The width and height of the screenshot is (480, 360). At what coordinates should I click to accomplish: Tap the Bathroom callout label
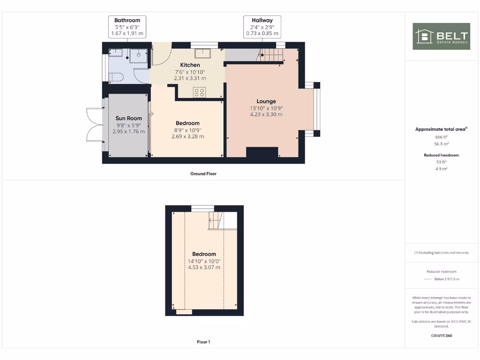pos(127,27)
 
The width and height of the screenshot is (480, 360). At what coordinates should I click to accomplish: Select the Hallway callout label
pos(262,27)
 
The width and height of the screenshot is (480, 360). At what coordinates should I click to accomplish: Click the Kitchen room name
pos(190,65)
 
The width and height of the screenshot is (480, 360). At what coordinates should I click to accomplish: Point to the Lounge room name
pos(266,101)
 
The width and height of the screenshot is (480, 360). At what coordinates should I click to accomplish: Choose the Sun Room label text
pos(128,119)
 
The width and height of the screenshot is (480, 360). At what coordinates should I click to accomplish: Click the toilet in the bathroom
pos(115,77)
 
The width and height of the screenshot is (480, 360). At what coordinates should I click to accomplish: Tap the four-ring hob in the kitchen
pos(199,92)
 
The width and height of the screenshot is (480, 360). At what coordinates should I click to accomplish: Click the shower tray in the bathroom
pos(139,54)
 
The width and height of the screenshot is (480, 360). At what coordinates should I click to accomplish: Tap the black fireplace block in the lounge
pos(262,152)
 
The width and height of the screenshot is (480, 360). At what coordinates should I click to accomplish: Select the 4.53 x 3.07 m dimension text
pos(204,267)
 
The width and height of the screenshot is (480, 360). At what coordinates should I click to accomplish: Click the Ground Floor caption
pos(203,173)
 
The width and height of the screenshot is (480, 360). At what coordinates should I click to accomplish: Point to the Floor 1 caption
pos(203,342)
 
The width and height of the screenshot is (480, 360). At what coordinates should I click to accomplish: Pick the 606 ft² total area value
pos(441,137)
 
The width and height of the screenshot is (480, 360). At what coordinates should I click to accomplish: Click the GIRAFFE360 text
pos(441,336)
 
